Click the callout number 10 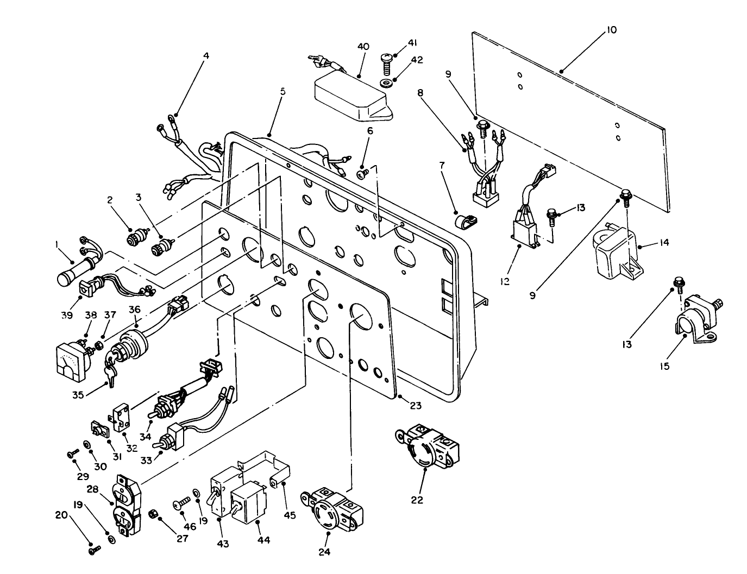pyautogui.click(x=611, y=30)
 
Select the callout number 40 pyautogui.click(x=363, y=47)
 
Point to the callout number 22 pyautogui.click(x=417, y=500)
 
